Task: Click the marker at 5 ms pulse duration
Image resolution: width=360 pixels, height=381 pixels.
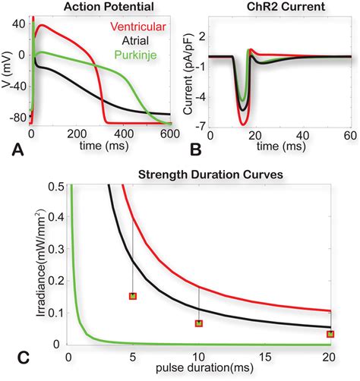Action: (133, 296)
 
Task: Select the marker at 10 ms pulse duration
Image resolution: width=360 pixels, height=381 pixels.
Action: (199, 324)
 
